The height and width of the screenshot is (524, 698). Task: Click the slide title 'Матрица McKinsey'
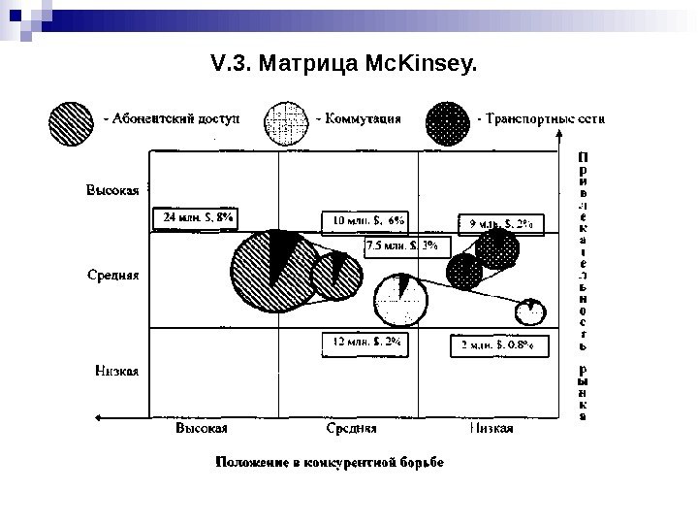point(344,65)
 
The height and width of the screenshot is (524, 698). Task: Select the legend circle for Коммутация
point(288,121)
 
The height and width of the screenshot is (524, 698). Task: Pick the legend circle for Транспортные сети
point(449,121)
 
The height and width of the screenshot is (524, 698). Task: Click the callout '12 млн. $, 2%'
point(364,343)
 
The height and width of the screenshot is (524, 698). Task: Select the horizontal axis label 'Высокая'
point(202,428)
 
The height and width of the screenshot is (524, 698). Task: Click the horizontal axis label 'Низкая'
point(491,428)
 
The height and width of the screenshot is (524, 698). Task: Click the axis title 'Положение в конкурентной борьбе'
point(330,461)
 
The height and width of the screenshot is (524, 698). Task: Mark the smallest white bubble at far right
point(529,311)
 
